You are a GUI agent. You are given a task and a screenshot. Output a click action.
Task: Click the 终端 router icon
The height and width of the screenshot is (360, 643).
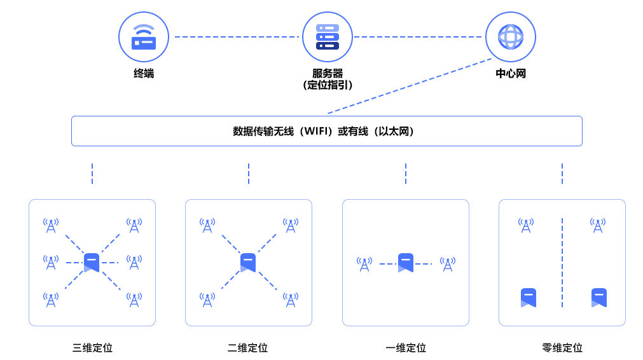coord(143,37)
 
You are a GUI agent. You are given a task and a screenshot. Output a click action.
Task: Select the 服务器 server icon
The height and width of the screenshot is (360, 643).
coord(327,37)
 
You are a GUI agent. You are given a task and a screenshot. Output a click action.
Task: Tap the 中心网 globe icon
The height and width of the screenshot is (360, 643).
coord(510,37)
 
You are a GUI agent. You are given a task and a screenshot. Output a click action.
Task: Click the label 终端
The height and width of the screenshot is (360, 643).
coord(143,74)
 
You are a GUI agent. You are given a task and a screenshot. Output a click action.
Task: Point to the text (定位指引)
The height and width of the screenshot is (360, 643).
coord(328,85)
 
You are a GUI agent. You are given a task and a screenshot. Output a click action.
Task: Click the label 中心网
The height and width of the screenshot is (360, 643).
coord(511,74)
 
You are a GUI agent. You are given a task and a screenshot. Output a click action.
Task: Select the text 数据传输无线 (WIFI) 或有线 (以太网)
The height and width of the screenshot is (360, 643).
coord(326,132)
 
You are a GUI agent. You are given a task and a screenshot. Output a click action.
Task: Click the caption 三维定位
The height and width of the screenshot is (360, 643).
coord(92,348)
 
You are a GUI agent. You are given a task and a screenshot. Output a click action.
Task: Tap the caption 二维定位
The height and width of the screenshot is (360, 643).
coord(248,348)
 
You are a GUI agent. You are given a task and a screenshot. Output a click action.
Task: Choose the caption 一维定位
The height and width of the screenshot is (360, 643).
coord(405,348)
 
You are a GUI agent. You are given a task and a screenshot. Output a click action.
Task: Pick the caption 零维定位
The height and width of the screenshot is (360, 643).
coord(562,348)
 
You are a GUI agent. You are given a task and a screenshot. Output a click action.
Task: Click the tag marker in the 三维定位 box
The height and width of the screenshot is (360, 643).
coord(92,262)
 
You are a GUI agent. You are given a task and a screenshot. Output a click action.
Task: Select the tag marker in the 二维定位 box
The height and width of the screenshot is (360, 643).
coord(248,262)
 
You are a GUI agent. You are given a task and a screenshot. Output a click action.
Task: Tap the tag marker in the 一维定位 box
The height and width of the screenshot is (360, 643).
coord(406,262)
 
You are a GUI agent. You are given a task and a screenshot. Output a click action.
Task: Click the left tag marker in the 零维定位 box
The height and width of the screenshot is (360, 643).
coord(529,297)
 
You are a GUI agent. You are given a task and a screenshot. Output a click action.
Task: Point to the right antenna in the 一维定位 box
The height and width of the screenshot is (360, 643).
coord(448,264)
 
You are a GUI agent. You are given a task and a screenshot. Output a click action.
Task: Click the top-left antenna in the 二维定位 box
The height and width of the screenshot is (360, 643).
coord(207,225)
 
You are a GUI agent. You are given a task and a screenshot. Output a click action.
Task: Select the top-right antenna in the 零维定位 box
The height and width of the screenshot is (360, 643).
coord(597,225)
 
